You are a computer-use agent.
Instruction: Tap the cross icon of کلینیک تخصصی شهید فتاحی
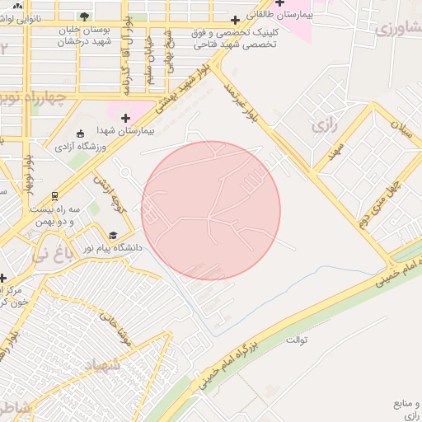(235, 19)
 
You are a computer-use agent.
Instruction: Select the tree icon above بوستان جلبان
(85, 16)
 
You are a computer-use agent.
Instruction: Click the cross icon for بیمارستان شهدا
(125, 118)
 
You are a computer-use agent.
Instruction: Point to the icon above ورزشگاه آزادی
(80, 134)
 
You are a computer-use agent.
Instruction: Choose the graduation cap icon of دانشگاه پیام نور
(113, 235)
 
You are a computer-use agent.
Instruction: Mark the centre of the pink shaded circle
(211, 211)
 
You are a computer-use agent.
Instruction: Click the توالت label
(296, 340)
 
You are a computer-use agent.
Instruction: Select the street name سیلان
(401, 129)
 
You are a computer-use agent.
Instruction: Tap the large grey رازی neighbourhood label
(321, 126)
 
